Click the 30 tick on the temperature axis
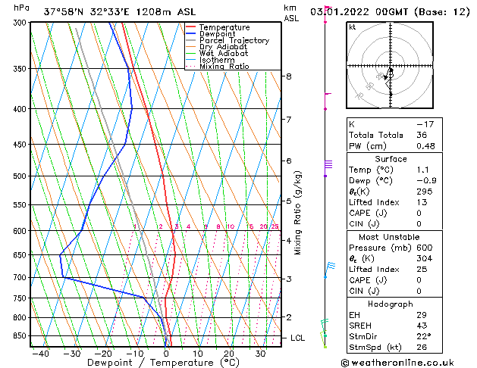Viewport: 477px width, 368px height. point(260,354)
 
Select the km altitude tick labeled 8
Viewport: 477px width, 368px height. point(289,76)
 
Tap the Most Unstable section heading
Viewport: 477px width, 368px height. point(390,236)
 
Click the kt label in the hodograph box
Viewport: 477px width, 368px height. point(353,27)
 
